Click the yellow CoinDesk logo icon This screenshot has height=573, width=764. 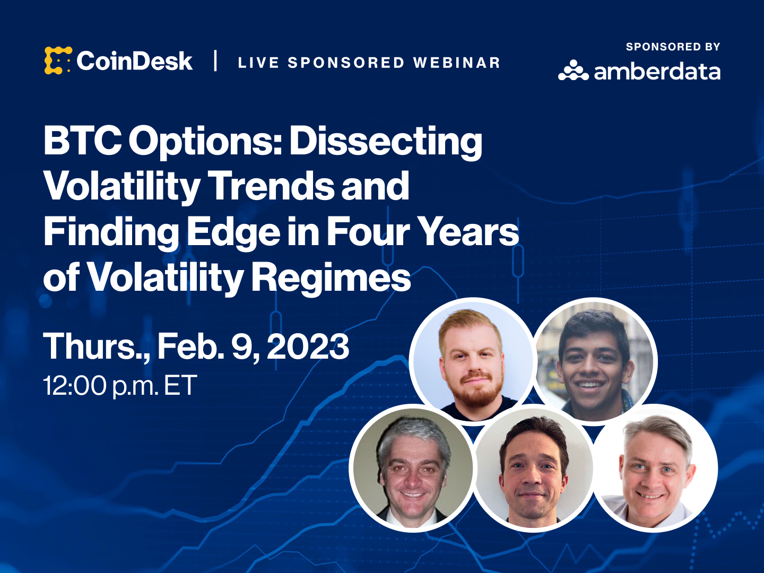58,60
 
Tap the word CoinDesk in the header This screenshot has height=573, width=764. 134,61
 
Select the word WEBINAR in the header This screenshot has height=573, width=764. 456,63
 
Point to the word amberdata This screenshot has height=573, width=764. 657,71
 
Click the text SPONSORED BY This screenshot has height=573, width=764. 673,47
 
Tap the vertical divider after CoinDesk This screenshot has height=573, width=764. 215,60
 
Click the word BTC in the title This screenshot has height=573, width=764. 82,141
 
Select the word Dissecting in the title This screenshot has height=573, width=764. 386,143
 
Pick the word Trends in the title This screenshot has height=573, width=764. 272,186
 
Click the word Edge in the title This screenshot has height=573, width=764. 233,232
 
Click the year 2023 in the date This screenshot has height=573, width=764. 308,346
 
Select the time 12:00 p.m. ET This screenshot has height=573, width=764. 120,386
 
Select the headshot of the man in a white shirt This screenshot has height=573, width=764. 655,468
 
